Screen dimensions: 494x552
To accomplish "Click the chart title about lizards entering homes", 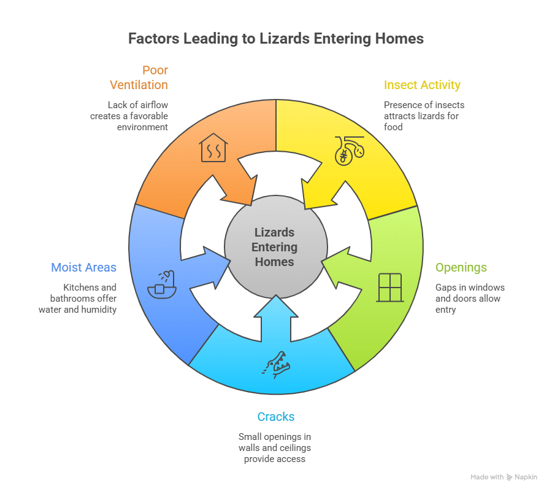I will (x=276, y=39).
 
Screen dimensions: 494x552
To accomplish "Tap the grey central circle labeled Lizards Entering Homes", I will (x=275, y=247).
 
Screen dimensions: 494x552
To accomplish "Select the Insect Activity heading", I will (x=422, y=85).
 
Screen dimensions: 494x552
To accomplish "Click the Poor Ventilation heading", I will (x=140, y=77).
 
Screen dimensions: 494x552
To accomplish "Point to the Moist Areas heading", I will (x=83, y=267).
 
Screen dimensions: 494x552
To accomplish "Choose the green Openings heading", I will (x=461, y=267).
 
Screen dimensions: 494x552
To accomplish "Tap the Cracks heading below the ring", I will (x=276, y=417).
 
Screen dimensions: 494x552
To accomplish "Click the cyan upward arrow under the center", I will (x=276, y=320).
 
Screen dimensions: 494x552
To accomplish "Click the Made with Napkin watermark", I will (x=504, y=477).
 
